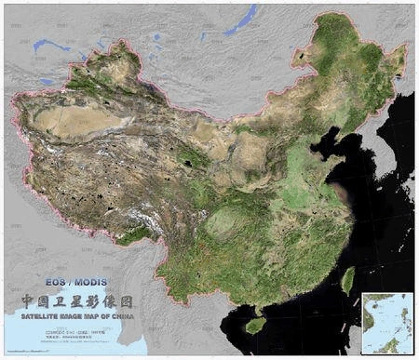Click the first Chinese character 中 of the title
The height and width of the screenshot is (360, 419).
pyautogui.click(x=30, y=301)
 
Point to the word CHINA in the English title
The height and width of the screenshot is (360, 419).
pyautogui.click(x=119, y=314)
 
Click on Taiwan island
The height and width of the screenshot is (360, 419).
pyautogui.click(x=348, y=280)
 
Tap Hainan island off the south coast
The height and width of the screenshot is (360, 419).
pyautogui.click(x=255, y=325)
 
